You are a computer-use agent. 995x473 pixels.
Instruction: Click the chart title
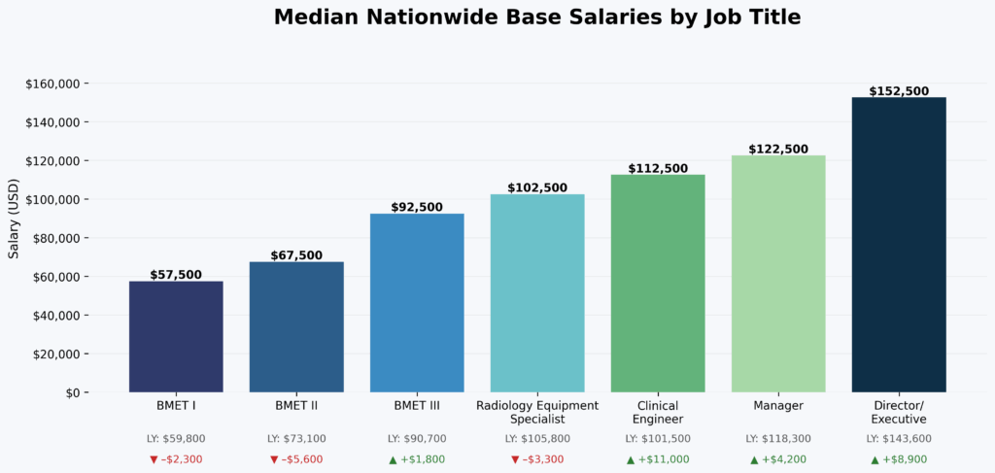pos(537,17)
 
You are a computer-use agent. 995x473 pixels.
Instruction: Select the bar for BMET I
pos(176,336)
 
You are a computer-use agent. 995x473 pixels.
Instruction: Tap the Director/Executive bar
pos(898,245)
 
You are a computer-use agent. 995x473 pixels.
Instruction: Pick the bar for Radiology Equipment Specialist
pos(537,293)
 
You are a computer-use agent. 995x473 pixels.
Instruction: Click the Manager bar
pos(778,274)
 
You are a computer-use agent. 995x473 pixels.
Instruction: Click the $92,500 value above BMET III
pos(417,207)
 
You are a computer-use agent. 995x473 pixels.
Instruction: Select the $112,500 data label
pos(658,168)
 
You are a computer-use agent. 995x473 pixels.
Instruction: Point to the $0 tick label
pos(71,393)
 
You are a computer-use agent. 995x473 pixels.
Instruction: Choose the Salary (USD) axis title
pos(14,219)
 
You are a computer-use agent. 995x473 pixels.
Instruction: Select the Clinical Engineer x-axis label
pos(658,412)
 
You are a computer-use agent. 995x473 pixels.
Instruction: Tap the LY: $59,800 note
pos(176,439)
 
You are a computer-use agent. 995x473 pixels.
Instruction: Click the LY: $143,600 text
pos(898,439)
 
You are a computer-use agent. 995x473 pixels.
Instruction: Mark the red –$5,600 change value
pos(302,459)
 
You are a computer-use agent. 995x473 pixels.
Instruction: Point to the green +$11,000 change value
pos(664,459)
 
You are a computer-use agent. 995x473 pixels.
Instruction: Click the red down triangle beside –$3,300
pos(515,459)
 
